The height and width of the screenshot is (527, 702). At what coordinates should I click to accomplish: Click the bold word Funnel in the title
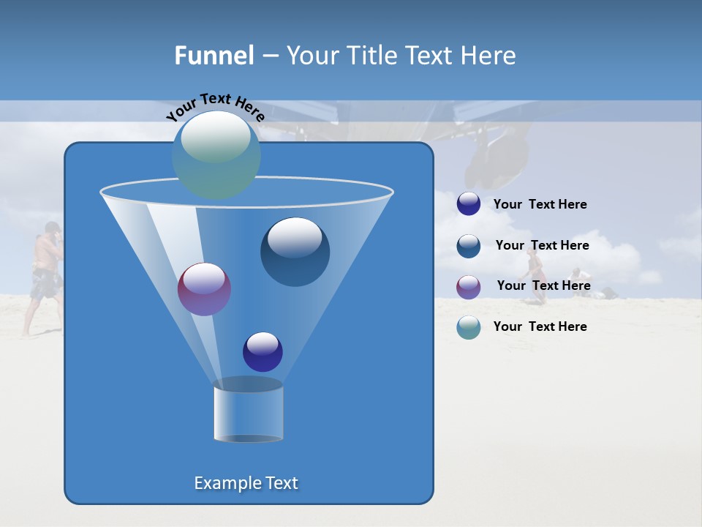214,56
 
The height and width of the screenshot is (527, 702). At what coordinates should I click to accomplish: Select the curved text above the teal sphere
215,107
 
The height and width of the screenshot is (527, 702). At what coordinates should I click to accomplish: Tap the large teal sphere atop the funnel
216,155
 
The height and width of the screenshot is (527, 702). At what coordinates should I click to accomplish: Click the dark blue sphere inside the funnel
295,252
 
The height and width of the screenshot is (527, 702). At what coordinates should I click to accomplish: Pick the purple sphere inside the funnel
204,289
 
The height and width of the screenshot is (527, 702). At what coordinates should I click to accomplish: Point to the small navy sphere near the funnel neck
263,351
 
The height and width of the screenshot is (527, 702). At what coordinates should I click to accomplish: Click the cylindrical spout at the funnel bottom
248,411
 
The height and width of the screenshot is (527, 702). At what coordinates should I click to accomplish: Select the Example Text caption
246,483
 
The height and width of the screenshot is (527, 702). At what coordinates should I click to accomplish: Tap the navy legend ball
469,203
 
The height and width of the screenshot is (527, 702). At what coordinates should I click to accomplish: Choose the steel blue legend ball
469,246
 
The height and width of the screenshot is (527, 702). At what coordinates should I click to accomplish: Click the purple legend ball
469,287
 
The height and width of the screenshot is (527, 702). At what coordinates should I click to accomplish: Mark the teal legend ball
469,327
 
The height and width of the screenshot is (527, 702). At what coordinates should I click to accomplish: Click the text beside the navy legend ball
540,204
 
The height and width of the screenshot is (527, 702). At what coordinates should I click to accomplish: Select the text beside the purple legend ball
543,285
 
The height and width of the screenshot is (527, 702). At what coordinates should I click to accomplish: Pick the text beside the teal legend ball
540,326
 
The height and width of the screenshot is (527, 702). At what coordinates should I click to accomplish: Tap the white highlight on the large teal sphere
215,137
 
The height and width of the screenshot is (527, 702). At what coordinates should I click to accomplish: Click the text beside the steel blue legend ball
542,245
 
